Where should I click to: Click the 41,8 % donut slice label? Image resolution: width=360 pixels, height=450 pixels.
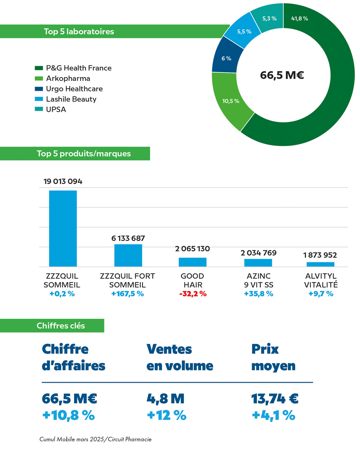pyautogui.click(x=299, y=19)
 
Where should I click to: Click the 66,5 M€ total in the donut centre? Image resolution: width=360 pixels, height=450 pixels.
pyautogui.click(x=282, y=75)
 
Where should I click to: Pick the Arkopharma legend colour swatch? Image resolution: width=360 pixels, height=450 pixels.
pyautogui.click(x=39, y=78)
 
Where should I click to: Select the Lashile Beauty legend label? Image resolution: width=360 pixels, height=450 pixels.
pyautogui.click(x=71, y=99)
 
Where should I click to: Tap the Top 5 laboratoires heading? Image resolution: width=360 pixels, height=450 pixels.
pyautogui.click(x=79, y=32)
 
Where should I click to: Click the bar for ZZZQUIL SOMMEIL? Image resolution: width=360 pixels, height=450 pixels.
pyautogui.click(x=63, y=228)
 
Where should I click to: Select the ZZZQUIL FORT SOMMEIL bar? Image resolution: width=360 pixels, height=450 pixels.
pyautogui.click(x=128, y=255)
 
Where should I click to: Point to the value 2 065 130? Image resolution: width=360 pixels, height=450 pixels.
pyautogui.click(x=192, y=249)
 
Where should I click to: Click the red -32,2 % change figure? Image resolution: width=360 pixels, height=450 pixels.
pyautogui.click(x=193, y=294)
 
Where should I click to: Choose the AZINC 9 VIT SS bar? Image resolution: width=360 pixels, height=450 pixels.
pyautogui.click(x=258, y=263)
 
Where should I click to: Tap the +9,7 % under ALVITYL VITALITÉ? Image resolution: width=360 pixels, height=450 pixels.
pyautogui.click(x=321, y=294)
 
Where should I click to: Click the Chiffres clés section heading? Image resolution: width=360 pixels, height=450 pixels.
pyautogui.click(x=61, y=326)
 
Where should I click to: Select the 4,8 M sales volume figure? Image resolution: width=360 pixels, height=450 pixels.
pyautogui.click(x=165, y=399)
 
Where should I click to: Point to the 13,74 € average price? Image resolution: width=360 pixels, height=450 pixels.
pyautogui.click(x=275, y=399)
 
